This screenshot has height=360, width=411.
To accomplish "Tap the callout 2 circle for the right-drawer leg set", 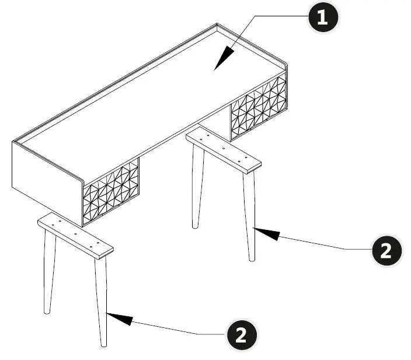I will (x=386, y=251).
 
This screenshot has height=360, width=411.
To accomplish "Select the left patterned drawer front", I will (x=112, y=192).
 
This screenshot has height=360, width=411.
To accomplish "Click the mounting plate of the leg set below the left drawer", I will (x=75, y=235).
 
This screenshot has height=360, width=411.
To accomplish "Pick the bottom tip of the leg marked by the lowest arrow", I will (x=104, y=344).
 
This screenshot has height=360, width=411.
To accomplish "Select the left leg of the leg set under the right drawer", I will (x=197, y=187).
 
